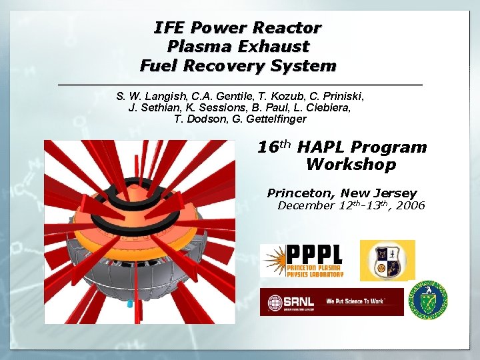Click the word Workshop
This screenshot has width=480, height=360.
pyautogui.click(x=351, y=165)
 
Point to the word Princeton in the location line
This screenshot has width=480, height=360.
pyautogui.click(x=299, y=193)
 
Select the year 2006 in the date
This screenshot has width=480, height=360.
pyautogui.click(x=410, y=205)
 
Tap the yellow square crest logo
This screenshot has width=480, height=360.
pyautogui.click(x=387, y=260)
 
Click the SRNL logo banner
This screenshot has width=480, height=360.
pyautogui.click(x=331, y=302)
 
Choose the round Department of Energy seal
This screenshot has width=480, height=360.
pyautogui.click(x=428, y=298)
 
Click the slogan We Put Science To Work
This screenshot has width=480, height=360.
pyautogui.click(x=355, y=301)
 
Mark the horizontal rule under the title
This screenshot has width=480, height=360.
pyautogui.click(x=240, y=85)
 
